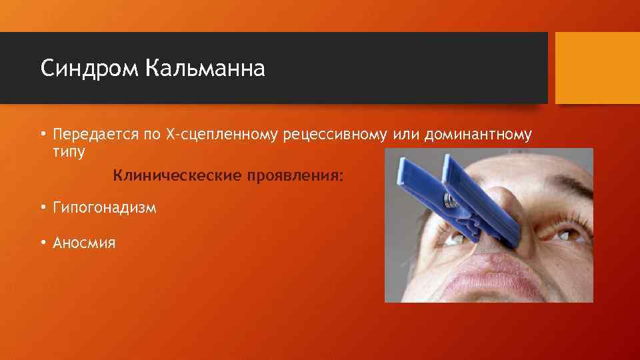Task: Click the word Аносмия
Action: pyautogui.click(x=84, y=243)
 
